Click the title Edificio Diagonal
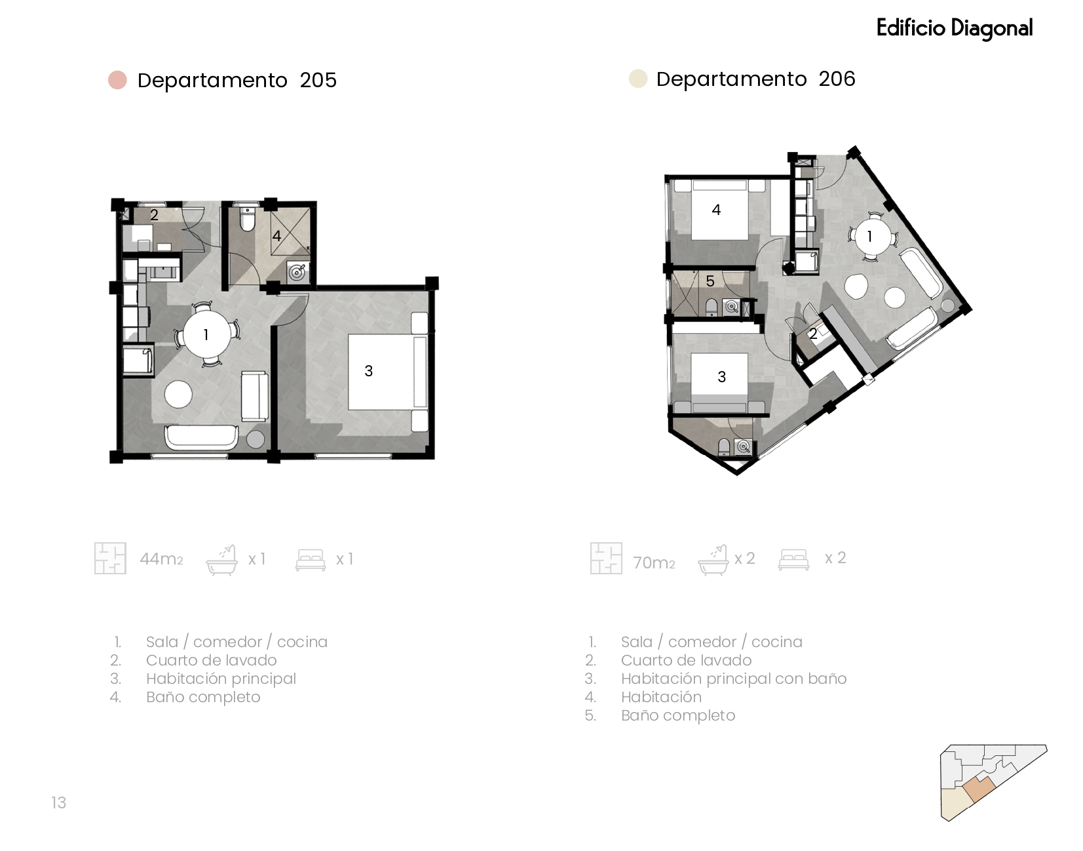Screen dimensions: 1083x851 [x=955, y=28]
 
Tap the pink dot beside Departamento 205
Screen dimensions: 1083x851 [x=118, y=80]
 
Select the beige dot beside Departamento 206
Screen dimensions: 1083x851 [x=638, y=79]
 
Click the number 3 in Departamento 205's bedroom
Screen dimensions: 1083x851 [x=368, y=371]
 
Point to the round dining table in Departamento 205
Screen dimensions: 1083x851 [x=206, y=334]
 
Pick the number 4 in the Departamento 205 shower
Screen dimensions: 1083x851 [x=276, y=236]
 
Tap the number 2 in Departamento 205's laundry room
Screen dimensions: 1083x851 [x=154, y=215]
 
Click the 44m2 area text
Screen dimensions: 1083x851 [x=161, y=559]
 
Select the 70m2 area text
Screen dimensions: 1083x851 [x=654, y=563]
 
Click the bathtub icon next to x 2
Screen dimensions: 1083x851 [x=713, y=560]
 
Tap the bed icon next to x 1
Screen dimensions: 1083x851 [x=311, y=560]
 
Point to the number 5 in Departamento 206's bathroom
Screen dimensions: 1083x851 [x=710, y=281]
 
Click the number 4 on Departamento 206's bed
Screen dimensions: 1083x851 [x=716, y=210]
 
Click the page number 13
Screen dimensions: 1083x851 [x=58, y=802]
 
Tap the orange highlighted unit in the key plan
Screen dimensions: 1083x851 [x=978, y=789]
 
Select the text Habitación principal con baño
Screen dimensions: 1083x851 [x=734, y=679]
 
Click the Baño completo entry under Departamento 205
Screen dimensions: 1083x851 [x=203, y=697]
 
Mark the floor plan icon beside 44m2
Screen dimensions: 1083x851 [x=110, y=559]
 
